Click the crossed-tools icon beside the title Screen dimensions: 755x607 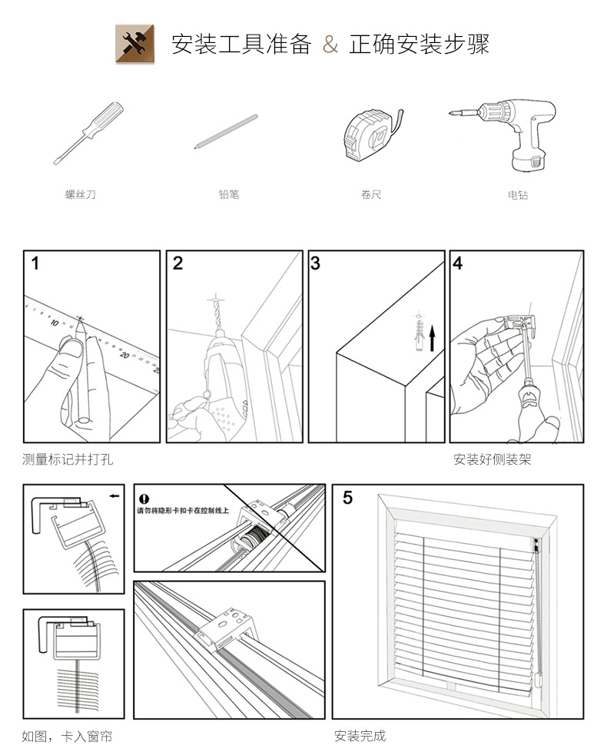point(130,44)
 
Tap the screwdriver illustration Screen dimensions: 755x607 point(88,132)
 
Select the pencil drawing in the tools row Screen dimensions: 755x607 point(226,131)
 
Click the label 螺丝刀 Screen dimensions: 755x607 point(81,195)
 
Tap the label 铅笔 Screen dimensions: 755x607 point(229,195)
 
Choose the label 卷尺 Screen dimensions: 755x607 point(371,195)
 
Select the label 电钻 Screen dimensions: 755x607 point(518,195)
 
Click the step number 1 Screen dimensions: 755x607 point(35,264)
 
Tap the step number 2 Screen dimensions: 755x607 point(178,264)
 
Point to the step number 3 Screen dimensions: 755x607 point(316,264)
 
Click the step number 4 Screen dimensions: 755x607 point(458,264)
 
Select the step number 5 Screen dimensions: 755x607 point(347,498)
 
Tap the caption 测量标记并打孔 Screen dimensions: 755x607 point(68,460)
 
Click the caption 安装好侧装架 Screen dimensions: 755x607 point(493,460)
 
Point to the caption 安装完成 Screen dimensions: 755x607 point(360,737)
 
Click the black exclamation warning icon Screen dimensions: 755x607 point(143,499)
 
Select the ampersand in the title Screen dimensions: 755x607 point(330,45)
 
